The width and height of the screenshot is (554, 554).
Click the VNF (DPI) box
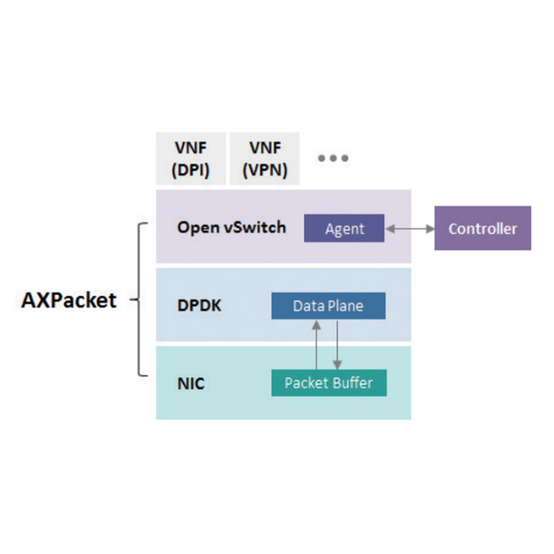[x=191, y=159]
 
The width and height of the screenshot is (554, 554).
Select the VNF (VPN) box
[x=265, y=159]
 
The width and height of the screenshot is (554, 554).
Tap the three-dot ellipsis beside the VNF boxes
[x=333, y=158]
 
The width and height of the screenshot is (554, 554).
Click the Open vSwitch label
[x=231, y=228]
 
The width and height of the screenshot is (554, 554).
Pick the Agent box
[x=344, y=229]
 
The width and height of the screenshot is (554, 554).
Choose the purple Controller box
[x=483, y=229]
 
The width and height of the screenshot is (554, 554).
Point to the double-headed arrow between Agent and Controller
[x=410, y=229]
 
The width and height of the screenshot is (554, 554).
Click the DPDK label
[x=199, y=305]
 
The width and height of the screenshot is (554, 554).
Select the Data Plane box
[x=328, y=306]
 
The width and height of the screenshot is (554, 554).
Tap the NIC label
[x=191, y=384]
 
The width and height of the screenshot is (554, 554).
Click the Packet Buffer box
[x=329, y=383]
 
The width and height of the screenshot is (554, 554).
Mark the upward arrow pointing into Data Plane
[x=316, y=345]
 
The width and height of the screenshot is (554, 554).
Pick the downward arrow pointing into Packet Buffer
[x=337, y=345]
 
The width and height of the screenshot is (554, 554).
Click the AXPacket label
[x=69, y=301]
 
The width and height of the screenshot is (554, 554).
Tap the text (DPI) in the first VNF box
[x=191, y=170]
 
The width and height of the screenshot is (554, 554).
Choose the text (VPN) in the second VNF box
[x=265, y=170]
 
